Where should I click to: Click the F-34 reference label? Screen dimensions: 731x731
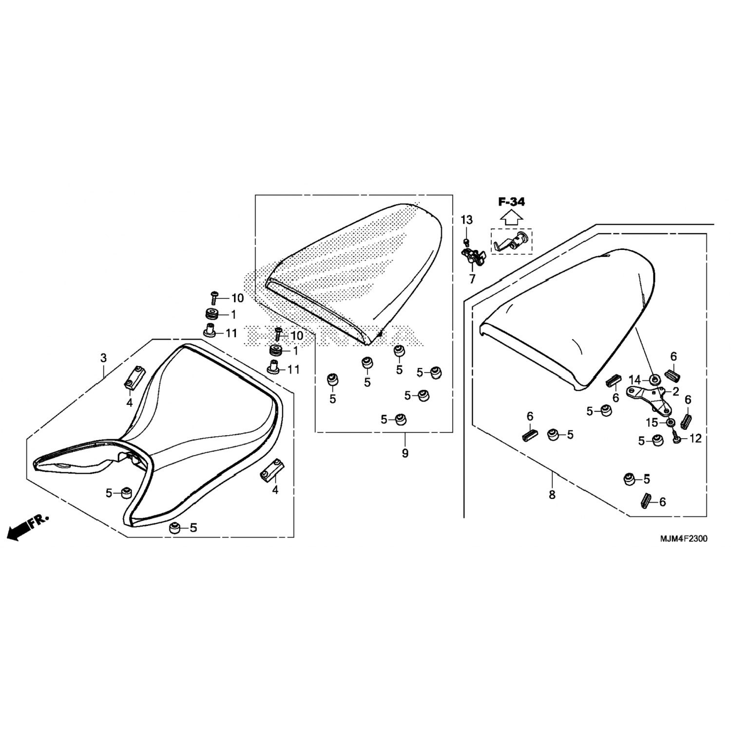[511, 202]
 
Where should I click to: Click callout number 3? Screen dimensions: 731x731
[103, 358]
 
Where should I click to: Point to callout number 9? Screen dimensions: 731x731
[405, 453]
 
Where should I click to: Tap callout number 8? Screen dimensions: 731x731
[552, 495]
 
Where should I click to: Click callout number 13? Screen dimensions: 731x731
[466, 220]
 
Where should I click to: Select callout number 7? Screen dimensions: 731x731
[472, 280]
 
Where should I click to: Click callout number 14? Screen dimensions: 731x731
[634, 380]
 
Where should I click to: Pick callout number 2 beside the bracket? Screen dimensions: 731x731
[675, 391]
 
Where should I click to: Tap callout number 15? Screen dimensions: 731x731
[652, 423]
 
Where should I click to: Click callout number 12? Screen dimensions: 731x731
[696, 439]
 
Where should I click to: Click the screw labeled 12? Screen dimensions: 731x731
[677, 438]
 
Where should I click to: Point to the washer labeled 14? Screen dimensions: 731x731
[654, 379]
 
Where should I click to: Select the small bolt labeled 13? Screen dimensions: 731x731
[467, 241]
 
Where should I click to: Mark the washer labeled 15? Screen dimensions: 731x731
[670, 423]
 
